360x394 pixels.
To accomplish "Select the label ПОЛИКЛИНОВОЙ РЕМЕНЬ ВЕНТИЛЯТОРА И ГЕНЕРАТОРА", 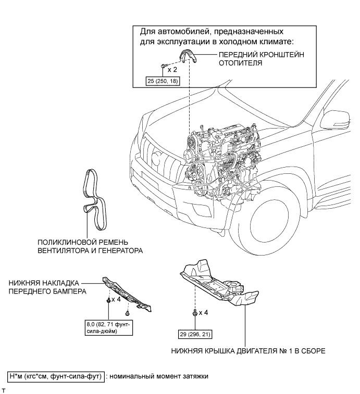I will (90, 246).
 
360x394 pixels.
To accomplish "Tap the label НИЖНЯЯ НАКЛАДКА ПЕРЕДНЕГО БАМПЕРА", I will (47, 287).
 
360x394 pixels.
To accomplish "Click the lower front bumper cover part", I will (130, 295).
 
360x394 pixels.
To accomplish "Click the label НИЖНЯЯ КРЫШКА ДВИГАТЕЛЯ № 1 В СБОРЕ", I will (247, 351).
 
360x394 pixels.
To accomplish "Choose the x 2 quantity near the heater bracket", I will (172, 69).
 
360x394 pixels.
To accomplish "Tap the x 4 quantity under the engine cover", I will (203, 314).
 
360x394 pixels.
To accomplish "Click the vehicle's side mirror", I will (333, 123).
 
